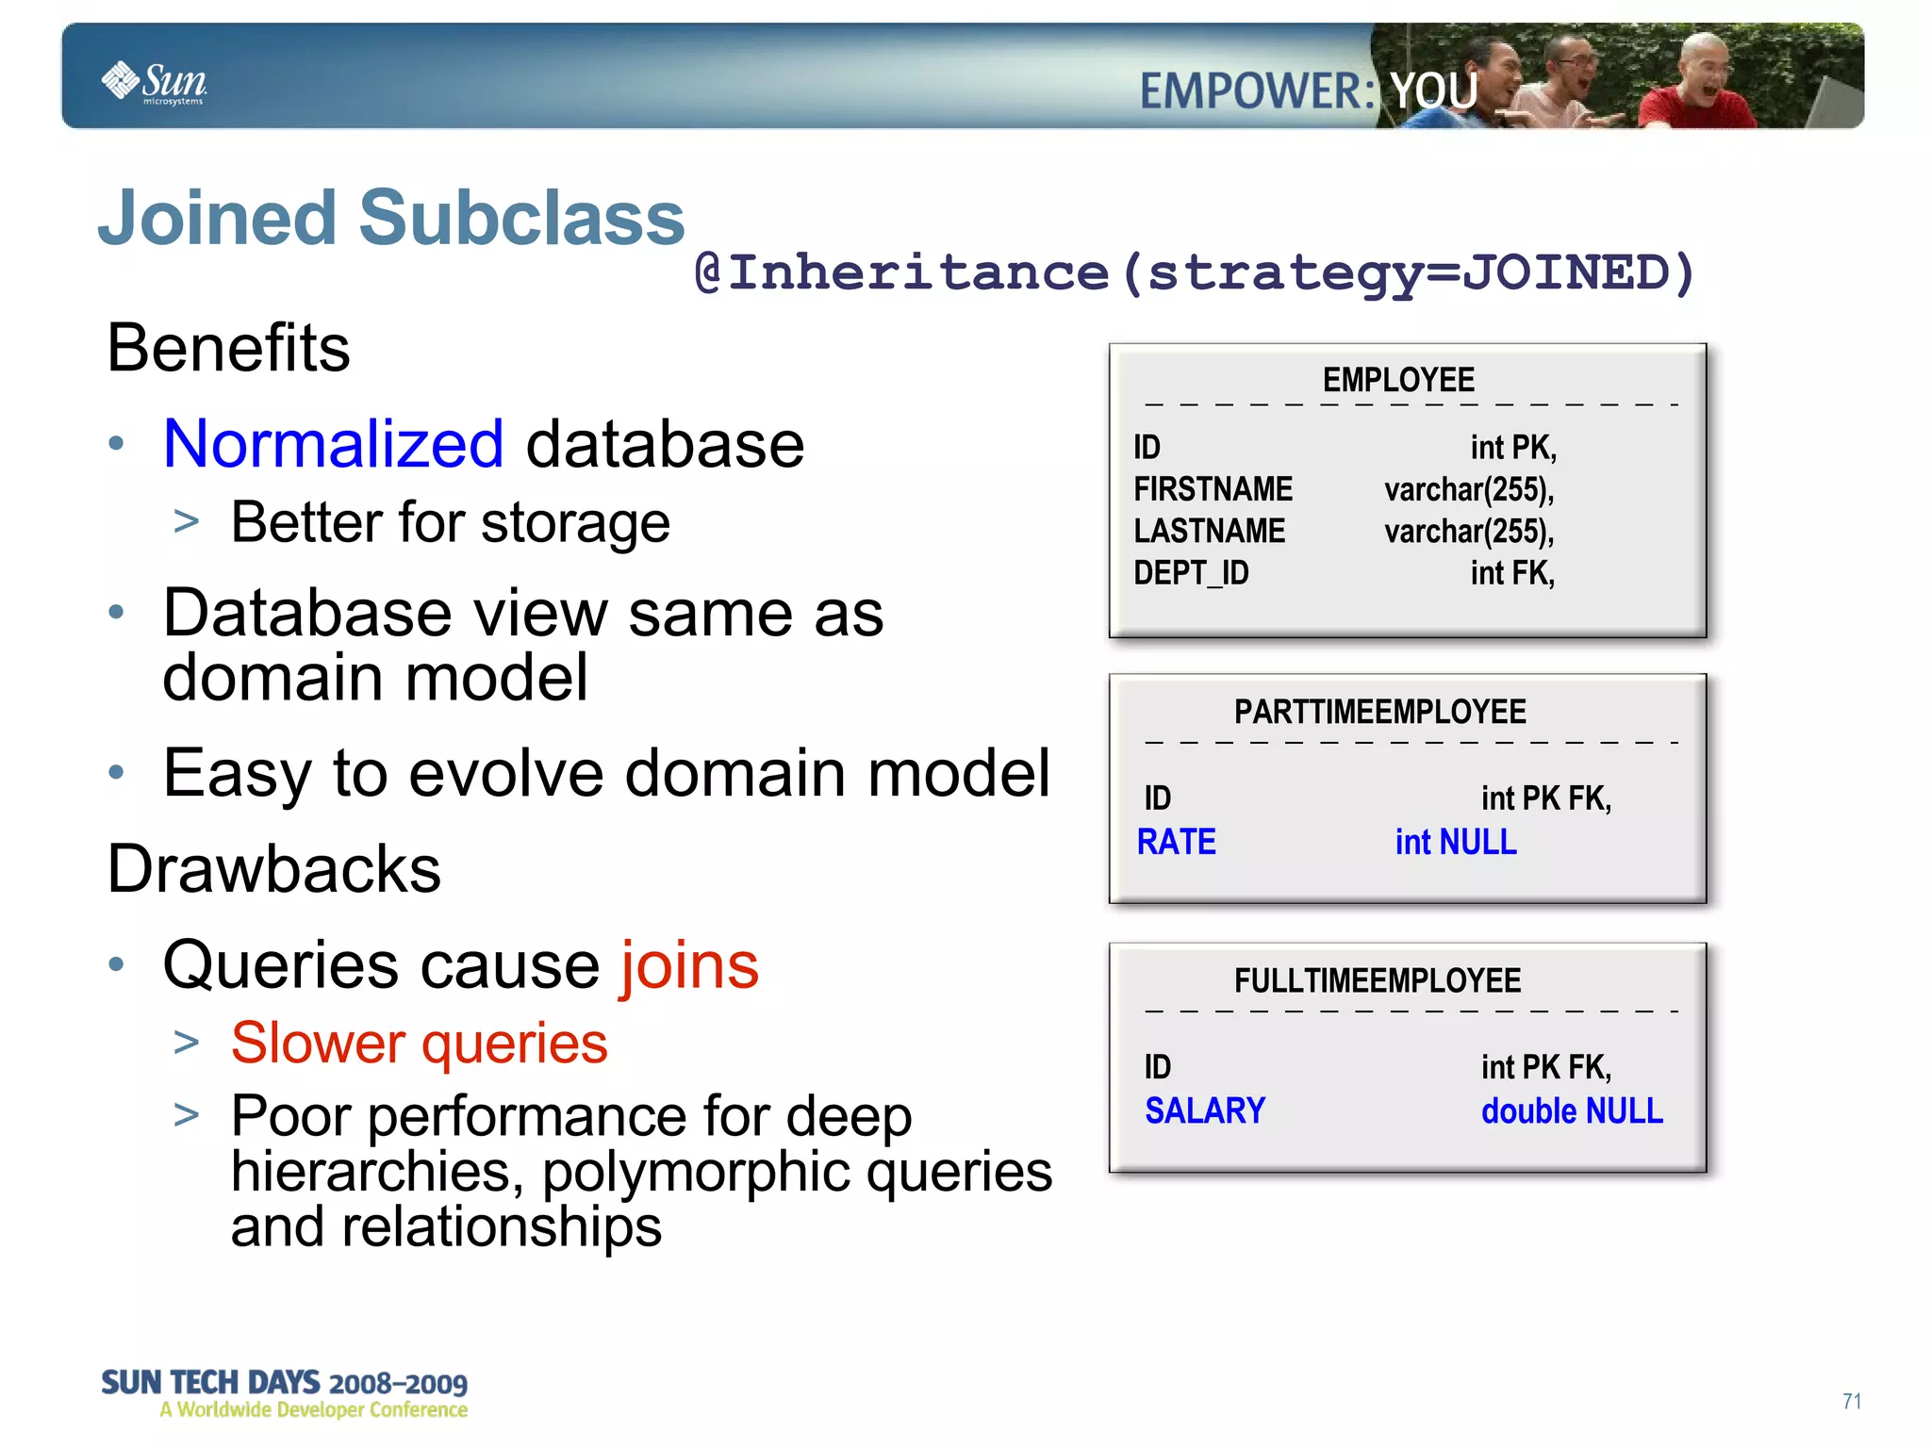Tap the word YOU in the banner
coord(1433,91)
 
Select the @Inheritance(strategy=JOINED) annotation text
coord(1194,273)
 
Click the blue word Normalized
coord(334,444)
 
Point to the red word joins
coord(689,965)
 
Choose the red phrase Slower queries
coord(420,1044)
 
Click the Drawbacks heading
coord(273,868)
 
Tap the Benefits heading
coord(228,348)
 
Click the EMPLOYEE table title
coord(1398,380)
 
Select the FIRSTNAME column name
coord(1213,489)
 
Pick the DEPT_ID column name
coord(1191,573)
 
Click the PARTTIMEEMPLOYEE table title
coord(1379,712)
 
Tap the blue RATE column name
coord(1176,842)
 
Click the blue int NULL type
coord(1456,842)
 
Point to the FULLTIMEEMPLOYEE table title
coord(1378,981)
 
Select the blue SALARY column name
coord(1204,1110)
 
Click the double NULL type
coord(1572,1111)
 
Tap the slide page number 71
coord(1852,1402)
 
